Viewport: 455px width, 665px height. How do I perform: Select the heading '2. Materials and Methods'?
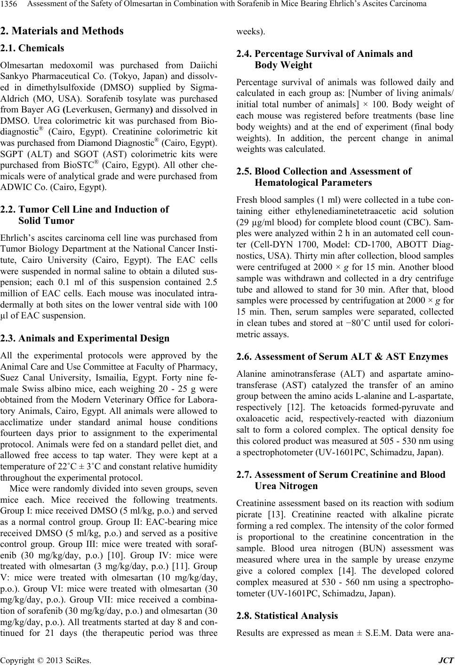point(62,31)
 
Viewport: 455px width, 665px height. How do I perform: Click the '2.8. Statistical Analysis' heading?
point(287,615)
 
